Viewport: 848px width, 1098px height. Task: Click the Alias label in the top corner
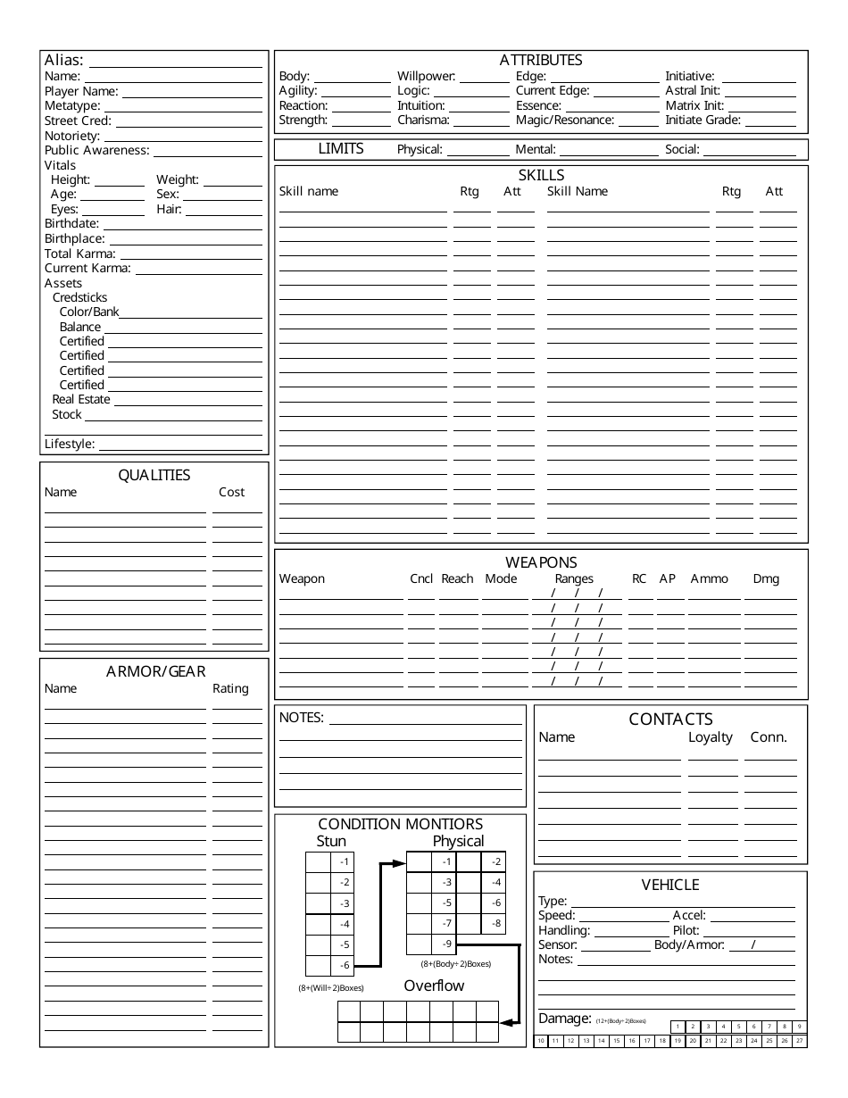click(x=64, y=61)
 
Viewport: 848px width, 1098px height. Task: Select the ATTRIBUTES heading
click(x=540, y=60)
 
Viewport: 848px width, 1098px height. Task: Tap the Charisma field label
click(x=423, y=120)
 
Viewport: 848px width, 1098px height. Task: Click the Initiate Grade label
click(x=703, y=120)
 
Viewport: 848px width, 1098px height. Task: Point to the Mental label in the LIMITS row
click(x=536, y=150)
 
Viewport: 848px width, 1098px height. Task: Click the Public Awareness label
click(x=96, y=150)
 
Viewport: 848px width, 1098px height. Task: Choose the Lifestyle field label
click(x=70, y=444)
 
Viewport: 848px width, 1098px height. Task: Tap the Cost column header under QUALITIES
click(x=231, y=492)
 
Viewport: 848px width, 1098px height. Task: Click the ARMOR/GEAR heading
click(x=155, y=671)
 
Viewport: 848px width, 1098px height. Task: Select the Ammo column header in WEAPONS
click(x=709, y=578)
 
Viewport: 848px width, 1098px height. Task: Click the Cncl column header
click(x=421, y=578)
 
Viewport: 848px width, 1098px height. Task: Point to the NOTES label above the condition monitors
click(x=302, y=717)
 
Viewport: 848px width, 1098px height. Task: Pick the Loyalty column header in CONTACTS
click(x=710, y=737)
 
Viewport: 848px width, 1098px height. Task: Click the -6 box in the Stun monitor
click(x=345, y=965)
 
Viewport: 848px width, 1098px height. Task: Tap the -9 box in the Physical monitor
click(x=446, y=944)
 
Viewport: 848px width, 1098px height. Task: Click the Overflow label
click(x=434, y=986)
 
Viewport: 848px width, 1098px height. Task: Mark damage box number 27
click(x=799, y=1041)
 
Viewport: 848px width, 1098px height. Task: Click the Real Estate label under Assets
click(x=81, y=399)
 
